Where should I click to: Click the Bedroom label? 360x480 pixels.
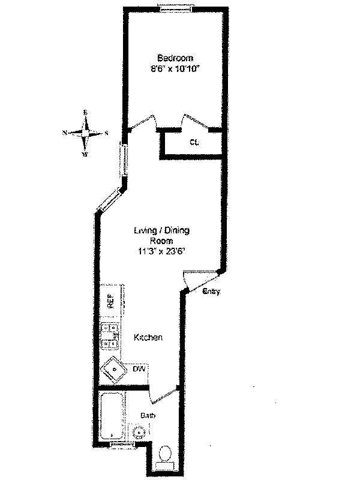(x=175, y=58)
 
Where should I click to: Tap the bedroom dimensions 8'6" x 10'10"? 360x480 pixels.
(x=175, y=69)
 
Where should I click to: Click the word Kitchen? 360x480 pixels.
(x=148, y=338)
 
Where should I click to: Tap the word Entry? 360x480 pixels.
(x=212, y=292)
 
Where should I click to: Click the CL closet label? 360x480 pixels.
(x=194, y=143)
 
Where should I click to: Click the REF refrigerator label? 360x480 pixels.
(x=111, y=301)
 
